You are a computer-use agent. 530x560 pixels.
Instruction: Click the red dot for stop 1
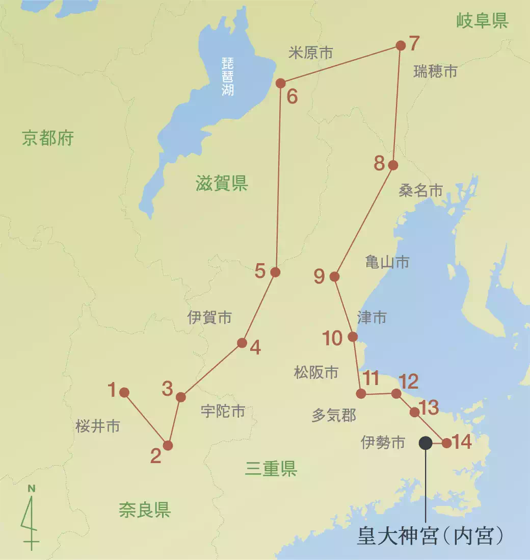coord(124,392)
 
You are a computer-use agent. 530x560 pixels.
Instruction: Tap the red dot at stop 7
coord(401,46)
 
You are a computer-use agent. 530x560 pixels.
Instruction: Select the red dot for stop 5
coord(275,272)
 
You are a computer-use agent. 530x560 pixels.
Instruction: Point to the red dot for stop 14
coord(446,443)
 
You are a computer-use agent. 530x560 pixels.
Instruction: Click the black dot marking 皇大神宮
coord(425,443)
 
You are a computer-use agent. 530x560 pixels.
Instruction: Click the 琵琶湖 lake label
coord(227,77)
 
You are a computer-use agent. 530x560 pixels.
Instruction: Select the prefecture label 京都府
coord(48,138)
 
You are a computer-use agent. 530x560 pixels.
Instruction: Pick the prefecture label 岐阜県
coord(482,21)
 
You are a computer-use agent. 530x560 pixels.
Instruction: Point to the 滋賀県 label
coord(222,183)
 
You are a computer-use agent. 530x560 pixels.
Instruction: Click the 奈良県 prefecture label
coord(145,510)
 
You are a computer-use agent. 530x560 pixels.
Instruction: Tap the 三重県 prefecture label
coord(271,468)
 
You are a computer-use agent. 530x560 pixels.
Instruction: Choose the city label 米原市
coord(310,53)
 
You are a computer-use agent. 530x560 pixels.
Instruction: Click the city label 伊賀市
coord(209,318)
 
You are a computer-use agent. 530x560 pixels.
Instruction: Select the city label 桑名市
coord(420,191)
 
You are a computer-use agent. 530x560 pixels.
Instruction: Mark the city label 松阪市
coord(316,372)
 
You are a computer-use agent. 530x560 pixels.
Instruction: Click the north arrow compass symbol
coord(31,518)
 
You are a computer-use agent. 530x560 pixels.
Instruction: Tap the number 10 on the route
coord(333,338)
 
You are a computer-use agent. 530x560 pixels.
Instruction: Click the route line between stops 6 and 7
coord(340,64)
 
